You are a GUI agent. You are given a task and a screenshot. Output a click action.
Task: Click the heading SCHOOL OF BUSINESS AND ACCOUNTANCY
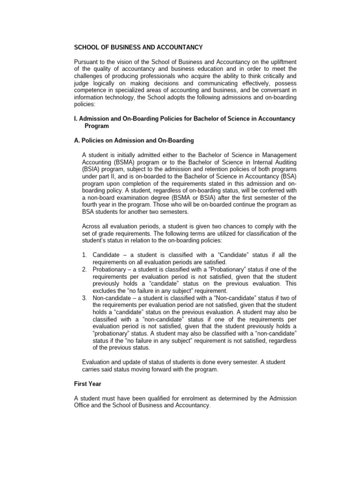(139, 47)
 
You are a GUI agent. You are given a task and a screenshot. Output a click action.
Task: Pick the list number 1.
(84, 255)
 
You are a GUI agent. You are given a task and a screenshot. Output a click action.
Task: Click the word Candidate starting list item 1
(108, 255)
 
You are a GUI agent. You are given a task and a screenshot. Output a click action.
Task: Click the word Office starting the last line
(84, 405)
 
